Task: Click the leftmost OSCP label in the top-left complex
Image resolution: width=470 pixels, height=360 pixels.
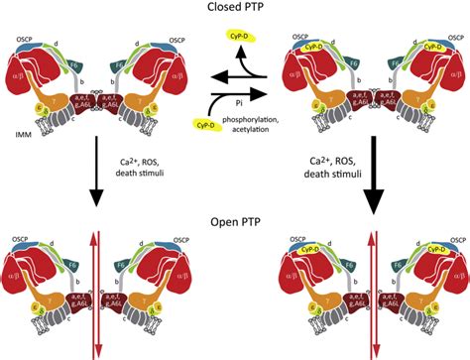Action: coord(26,38)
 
